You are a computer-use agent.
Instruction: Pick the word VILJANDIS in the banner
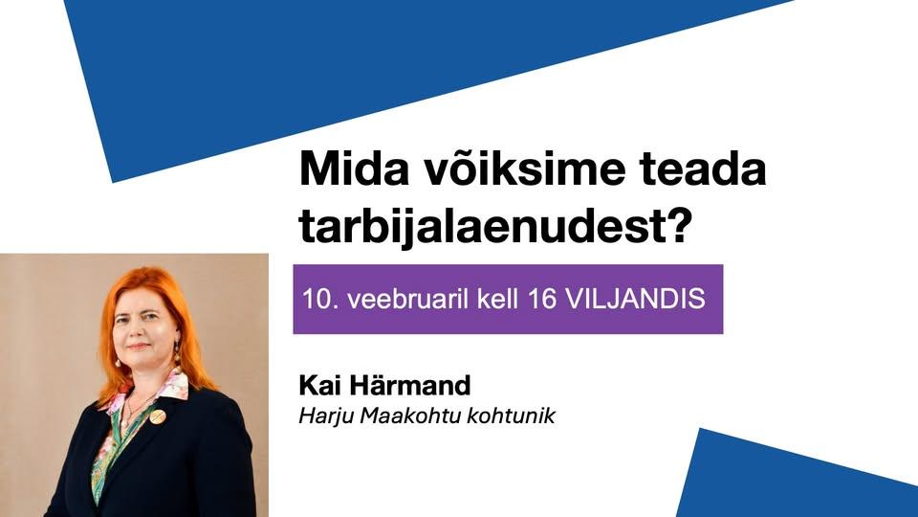(637, 299)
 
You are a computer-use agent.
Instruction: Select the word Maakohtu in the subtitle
(411, 416)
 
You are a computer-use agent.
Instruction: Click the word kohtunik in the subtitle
(511, 416)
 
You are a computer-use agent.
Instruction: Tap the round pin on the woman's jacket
(158, 416)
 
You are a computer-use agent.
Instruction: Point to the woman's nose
(139, 332)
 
